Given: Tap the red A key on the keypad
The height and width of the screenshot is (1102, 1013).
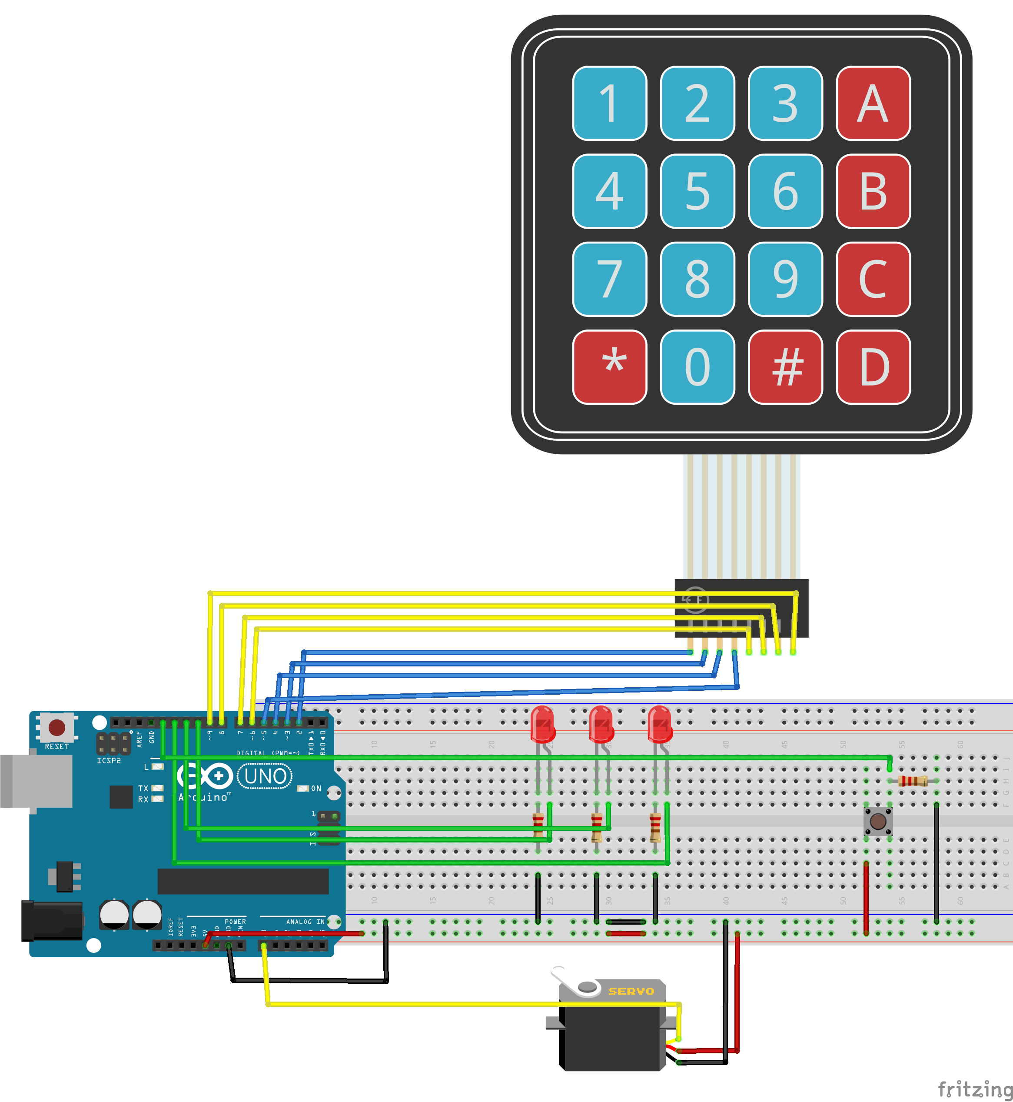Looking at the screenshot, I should coord(873,103).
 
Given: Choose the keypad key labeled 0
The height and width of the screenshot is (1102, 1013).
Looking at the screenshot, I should coord(697,367).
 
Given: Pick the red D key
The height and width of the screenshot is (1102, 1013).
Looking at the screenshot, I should coord(873,367).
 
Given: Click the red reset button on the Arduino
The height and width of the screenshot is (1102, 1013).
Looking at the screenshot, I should coord(57,728).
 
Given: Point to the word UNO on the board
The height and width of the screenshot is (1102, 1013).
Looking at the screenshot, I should coord(265,776).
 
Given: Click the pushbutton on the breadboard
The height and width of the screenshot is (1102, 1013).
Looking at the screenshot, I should coord(877,821).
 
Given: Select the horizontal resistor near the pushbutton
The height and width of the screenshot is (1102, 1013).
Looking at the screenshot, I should coord(913,781).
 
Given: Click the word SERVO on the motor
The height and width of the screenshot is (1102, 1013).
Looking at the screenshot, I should coord(631,991).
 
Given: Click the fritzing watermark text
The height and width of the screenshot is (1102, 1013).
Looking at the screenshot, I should coord(974,1088).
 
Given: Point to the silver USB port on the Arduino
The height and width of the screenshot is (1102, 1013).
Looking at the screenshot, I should coord(36,781).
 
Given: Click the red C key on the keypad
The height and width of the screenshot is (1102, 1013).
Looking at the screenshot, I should coord(873,279).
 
